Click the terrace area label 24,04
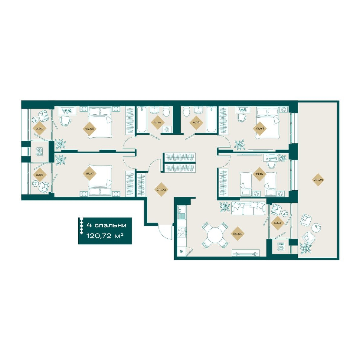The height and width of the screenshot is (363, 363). pyautogui.click(x=318, y=180)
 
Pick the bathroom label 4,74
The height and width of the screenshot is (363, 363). pyautogui.click(x=157, y=122)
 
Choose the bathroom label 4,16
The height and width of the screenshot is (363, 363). pyautogui.click(x=195, y=122)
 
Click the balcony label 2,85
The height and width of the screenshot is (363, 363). pyautogui.click(x=40, y=175)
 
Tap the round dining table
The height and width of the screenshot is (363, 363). pyautogui.click(x=214, y=235)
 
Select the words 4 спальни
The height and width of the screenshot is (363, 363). pyautogui.click(x=106, y=225)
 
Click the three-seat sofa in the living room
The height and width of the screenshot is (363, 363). pyautogui.click(x=248, y=208)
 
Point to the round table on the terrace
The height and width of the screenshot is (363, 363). pyautogui.click(x=316, y=228)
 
